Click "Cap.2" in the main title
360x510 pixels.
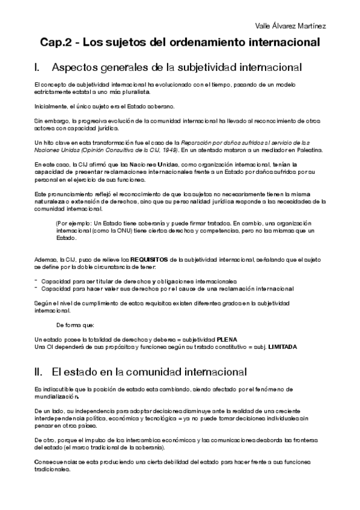(57, 43)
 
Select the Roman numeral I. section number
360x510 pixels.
(38, 67)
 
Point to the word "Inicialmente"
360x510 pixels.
(51, 106)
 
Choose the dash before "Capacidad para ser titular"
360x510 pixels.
(36, 281)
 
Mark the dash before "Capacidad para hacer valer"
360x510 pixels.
(36, 289)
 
